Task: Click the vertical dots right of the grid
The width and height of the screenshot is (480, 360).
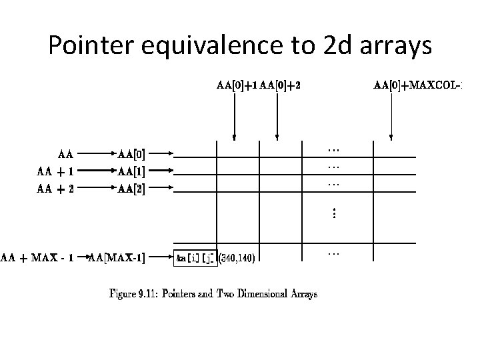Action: coord(334,213)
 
